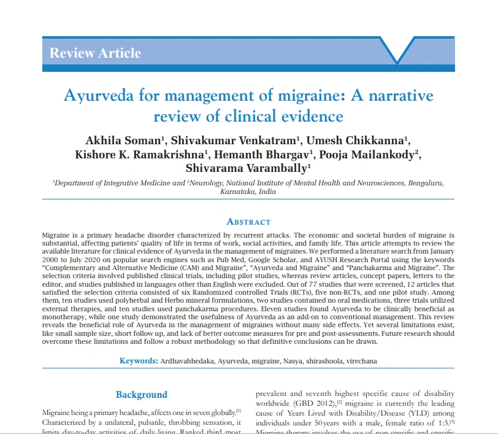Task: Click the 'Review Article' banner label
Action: [95, 53]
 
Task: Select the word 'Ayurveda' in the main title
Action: [97, 96]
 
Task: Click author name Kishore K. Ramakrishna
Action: [141, 153]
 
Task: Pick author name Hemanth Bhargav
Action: [265, 153]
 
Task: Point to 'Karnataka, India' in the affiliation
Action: [248, 192]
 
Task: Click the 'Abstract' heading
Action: [248, 222]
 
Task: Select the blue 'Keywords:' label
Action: [139, 360]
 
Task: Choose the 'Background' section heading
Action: [141, 395]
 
